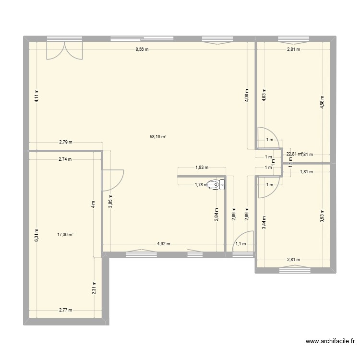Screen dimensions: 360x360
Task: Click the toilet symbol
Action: [x=215, y=184]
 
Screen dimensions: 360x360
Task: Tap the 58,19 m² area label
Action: [x=158, y=137]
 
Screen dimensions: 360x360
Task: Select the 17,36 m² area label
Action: [x=65, y=235]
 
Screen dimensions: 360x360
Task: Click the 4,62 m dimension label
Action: [x=164, y=244]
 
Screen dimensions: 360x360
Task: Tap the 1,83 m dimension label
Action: [x=202, y=168]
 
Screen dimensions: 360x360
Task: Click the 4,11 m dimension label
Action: [x=36, y=97]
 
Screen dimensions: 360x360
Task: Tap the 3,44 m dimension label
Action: [x=264, y=223]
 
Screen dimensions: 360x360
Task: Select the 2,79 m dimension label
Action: [x=66, y=142]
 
